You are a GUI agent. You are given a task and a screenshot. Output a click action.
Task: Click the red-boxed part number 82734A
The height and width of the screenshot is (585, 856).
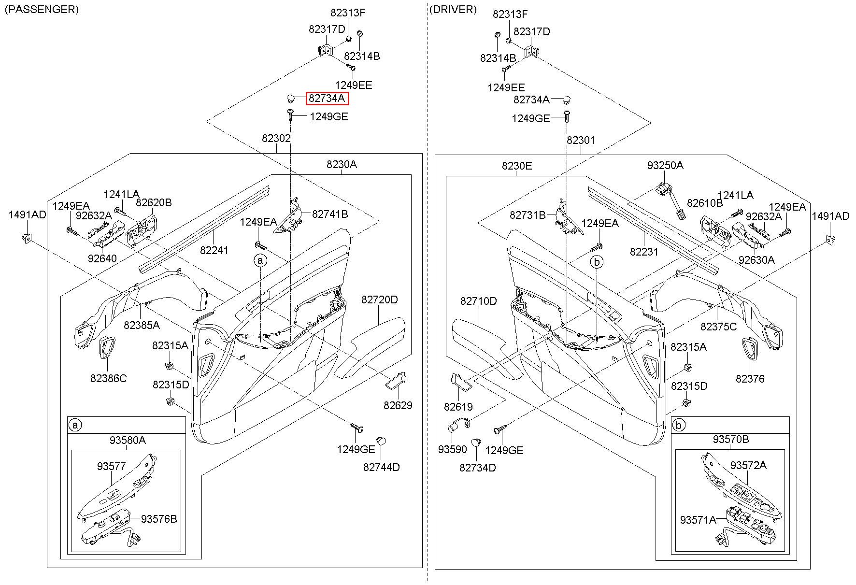point(327,99)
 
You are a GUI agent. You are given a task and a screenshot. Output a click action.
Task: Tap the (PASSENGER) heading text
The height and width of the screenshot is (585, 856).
point(42,9)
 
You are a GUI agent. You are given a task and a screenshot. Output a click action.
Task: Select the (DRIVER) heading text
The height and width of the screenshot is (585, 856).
point(453,9)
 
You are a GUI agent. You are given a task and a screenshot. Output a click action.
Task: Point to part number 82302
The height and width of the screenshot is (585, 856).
point(276,138)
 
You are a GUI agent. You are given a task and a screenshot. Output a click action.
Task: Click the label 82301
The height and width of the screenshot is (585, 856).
point(581,140)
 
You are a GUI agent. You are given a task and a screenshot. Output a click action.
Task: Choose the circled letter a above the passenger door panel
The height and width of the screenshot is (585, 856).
point(260,261)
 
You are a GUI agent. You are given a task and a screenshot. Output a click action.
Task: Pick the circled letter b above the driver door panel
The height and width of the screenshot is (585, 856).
point(597,262)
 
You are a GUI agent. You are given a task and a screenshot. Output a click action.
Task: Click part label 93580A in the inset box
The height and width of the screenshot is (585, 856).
point(128,440)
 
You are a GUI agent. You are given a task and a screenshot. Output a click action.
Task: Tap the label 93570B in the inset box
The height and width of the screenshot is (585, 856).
point(731,439)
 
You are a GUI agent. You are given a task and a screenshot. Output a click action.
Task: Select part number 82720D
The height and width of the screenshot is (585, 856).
point(380,300)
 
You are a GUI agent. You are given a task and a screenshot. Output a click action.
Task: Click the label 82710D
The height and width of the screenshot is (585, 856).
point(479,301)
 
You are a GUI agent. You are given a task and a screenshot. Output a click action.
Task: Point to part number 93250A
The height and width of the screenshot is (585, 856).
point(665,165)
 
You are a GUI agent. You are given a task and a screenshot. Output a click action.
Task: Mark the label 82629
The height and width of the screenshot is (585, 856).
point(398,405)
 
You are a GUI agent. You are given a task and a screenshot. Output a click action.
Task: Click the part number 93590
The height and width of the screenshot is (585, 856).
point(453,449)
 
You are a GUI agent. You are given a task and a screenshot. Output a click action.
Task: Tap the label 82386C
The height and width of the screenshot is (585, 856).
point(109,378)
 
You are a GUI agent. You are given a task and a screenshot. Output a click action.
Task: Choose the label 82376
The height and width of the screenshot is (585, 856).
point(750,379)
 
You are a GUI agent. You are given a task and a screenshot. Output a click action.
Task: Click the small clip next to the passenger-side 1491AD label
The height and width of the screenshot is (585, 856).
point(27,238)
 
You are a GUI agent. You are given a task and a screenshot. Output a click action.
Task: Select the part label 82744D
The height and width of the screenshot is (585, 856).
point(382,467)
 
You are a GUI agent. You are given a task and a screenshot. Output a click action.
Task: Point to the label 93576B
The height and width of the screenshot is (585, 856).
point(159,519)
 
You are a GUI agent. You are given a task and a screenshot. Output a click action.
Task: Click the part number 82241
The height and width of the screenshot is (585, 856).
point(214,250)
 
